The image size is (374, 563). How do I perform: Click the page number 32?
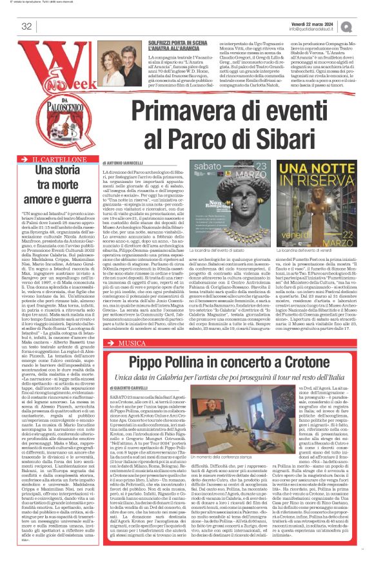point(26,26)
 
